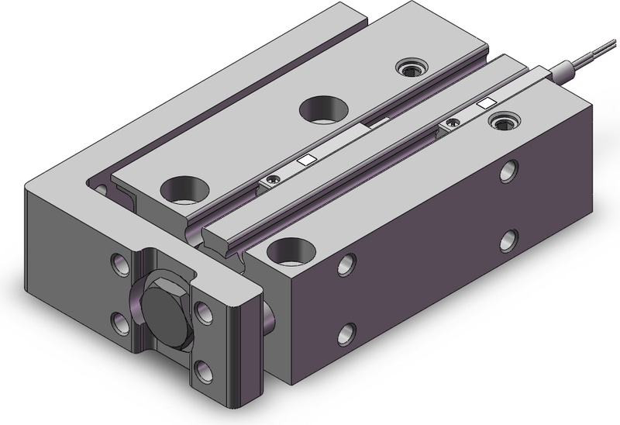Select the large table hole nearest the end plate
click(184, 188)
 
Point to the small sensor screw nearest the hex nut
click(270, 181)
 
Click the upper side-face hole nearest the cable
click(510, 170)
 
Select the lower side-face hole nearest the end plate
click(346, 334)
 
